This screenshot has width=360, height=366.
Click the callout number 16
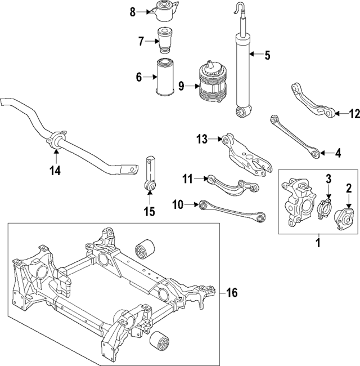click(232, 292)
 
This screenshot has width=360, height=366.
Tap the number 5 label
click(267, 55)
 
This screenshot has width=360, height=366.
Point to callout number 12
click(353, 114)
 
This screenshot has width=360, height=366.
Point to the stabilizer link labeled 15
click(150, 172)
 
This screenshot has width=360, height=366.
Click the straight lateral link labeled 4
click(295, 135)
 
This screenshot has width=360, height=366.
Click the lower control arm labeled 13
click(243, 150)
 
